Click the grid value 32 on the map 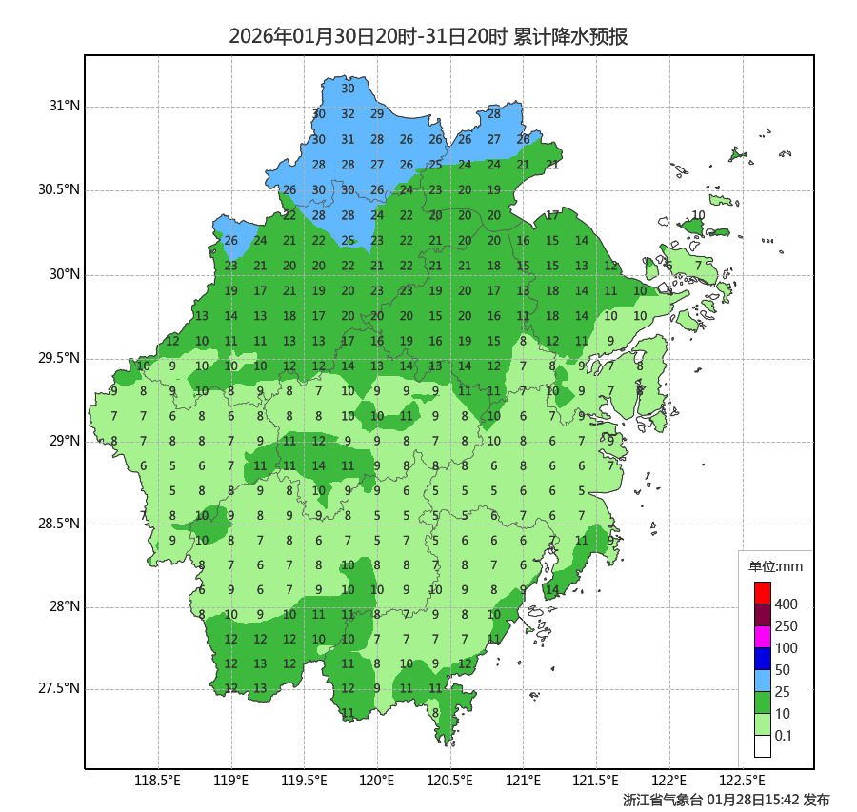coord(348,114)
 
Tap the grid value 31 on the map coord(348,140)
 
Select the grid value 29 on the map coord(377,114)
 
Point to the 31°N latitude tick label coord(65,106)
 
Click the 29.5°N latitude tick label coord(58,358)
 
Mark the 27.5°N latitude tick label coord(58,688)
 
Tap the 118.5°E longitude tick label coord(158,782)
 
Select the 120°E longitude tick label coord(377,782)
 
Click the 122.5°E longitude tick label coord(743,782)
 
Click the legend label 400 coord(787,604)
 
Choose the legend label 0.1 coord(784,736)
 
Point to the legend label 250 coord(787,626)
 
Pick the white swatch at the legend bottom coord(762,746)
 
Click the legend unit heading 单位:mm coord(776,567)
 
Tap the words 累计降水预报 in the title coord(570,37)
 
